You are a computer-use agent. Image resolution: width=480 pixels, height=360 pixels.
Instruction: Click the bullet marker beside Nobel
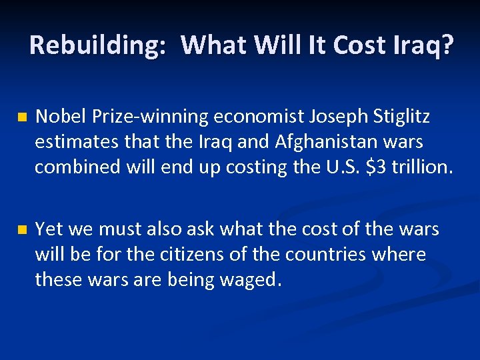(21, 118)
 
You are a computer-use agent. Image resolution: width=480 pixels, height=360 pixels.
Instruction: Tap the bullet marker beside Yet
(21, 230)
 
